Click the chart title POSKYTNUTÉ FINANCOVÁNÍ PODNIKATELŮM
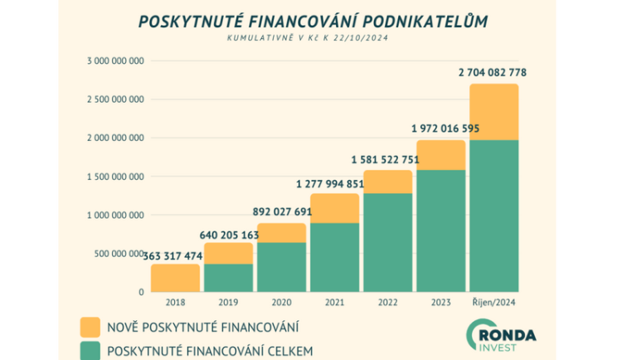(x=314, y=21)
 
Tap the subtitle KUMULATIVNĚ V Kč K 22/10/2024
(x=314, y=39)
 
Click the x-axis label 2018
(x=176, y=302)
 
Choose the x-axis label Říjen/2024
(x=493, y=302)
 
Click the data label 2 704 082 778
(x=492, y=73)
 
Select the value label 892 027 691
(x=280, y=211)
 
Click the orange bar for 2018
(x=175, y=279)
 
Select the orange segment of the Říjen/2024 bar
(x=493, y=112)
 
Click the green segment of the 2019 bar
(x=228, y=278)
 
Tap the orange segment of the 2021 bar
(x=334, y=208)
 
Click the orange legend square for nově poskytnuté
(x=91, y=325)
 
